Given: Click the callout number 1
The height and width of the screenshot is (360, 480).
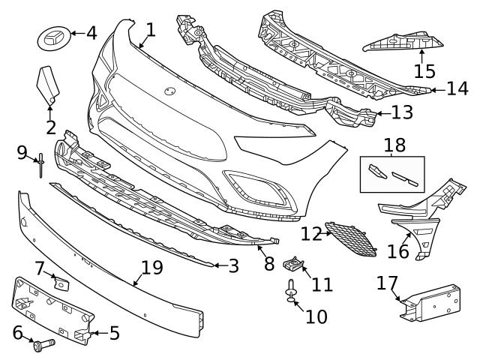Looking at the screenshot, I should pyautogui.click(x=151, y=30).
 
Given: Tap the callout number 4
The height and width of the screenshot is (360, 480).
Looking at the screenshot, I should pyautogui.click(x=91, y=33).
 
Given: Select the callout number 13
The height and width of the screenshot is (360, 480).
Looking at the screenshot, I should pyautogui.click(x=402, y=113).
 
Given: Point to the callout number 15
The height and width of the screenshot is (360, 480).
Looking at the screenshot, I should pyautogui.click(x=424, y=71).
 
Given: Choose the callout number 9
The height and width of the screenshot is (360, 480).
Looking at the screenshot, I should pyautogui.click(x=22, y=153).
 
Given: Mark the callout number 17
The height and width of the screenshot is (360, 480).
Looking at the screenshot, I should pyautogui.click(x=387, y=283).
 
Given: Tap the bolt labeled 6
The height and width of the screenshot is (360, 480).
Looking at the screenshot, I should pyautogui.click(x=42, y=345).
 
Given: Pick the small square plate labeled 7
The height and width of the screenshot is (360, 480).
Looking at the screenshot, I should pyautogui.click(x=61, y=283).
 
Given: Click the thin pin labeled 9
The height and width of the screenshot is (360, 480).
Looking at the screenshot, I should pyautogui.click(x=41, y=164).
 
